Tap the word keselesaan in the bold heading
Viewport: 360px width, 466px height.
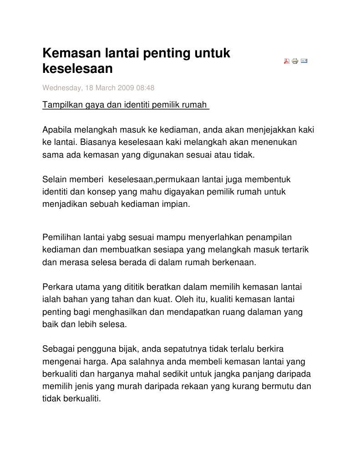[x=77, y=69]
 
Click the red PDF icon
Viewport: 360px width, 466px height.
[x=287, y=61]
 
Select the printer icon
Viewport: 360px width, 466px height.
[x=295, y=61]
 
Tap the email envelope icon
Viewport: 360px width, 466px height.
[x=304, y=60]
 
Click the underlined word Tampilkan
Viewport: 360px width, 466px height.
[x=60, y=105]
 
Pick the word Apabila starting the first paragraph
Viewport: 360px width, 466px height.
[x=56, y=129]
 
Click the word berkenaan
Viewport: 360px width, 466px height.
[x=234, y=262]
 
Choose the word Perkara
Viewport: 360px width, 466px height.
[x=56, y=287]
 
